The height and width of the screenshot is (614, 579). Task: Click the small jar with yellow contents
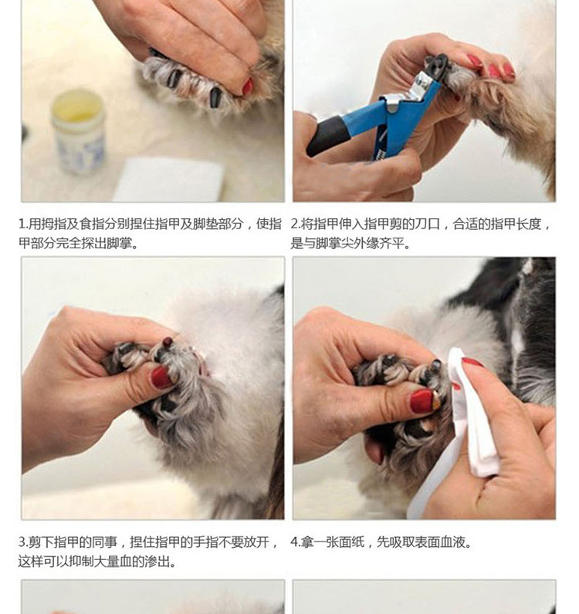[x=79, y=132]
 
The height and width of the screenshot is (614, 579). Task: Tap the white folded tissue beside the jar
[x=168, y=180]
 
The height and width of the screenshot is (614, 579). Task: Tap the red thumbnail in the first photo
[x=247, y=86]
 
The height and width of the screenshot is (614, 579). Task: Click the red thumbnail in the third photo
[x=161, y=377]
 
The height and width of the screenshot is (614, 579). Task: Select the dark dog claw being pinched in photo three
[x=168, y=342]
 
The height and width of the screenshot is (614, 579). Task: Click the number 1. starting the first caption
[x=23, y=224]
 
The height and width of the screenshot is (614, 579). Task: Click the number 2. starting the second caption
[x=295, y=224]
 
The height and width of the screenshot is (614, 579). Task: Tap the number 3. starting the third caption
[x=23, y=542]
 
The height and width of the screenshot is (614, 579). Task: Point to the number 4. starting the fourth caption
[x=295, y=542]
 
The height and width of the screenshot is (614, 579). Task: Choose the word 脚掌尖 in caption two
[x=335, y=244]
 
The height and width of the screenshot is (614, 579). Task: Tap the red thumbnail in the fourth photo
[x=422, y=401]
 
